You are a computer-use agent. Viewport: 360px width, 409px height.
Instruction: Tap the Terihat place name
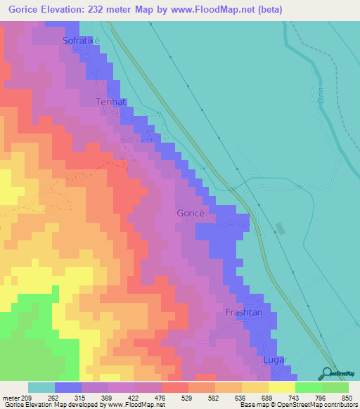coord(110,102)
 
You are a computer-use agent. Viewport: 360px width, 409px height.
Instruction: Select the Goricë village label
coord(189,212)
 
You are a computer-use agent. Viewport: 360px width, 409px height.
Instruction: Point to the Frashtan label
coord(243,312)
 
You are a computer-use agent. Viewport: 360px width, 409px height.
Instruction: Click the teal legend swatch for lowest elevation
coord(41,387)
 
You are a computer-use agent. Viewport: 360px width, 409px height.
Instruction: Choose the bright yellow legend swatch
coord(281,387)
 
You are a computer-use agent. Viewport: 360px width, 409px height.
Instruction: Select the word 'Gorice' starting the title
coord(23,9)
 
